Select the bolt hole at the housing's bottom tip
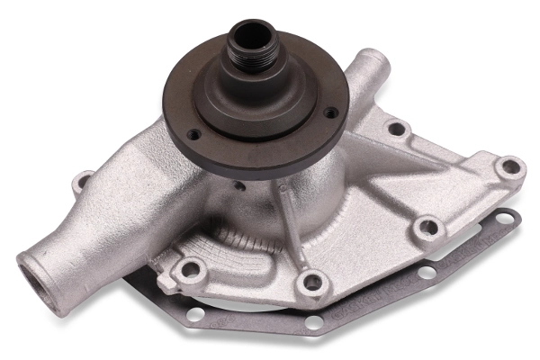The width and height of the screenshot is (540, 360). point(311,281)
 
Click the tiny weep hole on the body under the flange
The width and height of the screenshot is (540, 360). point(241,186)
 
